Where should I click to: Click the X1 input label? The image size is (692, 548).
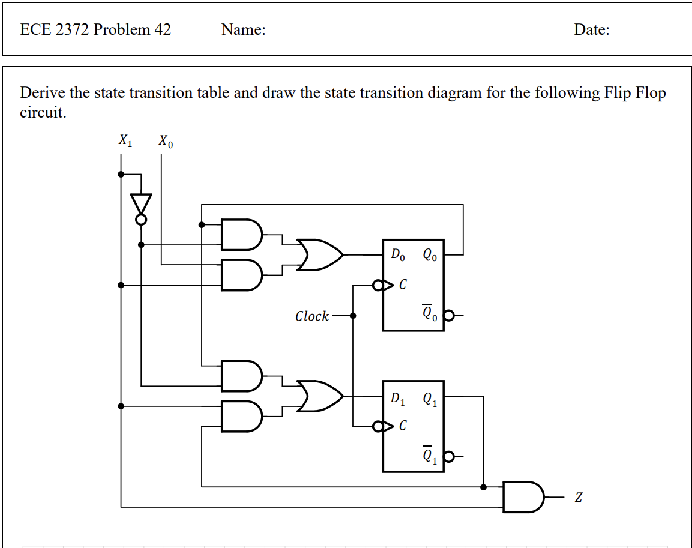pos(125,141)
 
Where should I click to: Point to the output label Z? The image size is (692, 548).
pos(578,498)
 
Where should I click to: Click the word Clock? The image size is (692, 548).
pos(311,316)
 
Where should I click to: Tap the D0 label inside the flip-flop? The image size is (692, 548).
pos(398,255)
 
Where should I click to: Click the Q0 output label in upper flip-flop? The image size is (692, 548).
pos(430,255)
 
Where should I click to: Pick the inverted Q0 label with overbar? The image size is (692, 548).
pos(429,313)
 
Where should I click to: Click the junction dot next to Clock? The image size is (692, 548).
pos(353,315)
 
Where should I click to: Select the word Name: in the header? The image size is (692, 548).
pos(243,30)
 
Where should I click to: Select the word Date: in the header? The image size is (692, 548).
pos(591,30)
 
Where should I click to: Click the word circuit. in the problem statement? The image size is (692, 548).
pos(43,113)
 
